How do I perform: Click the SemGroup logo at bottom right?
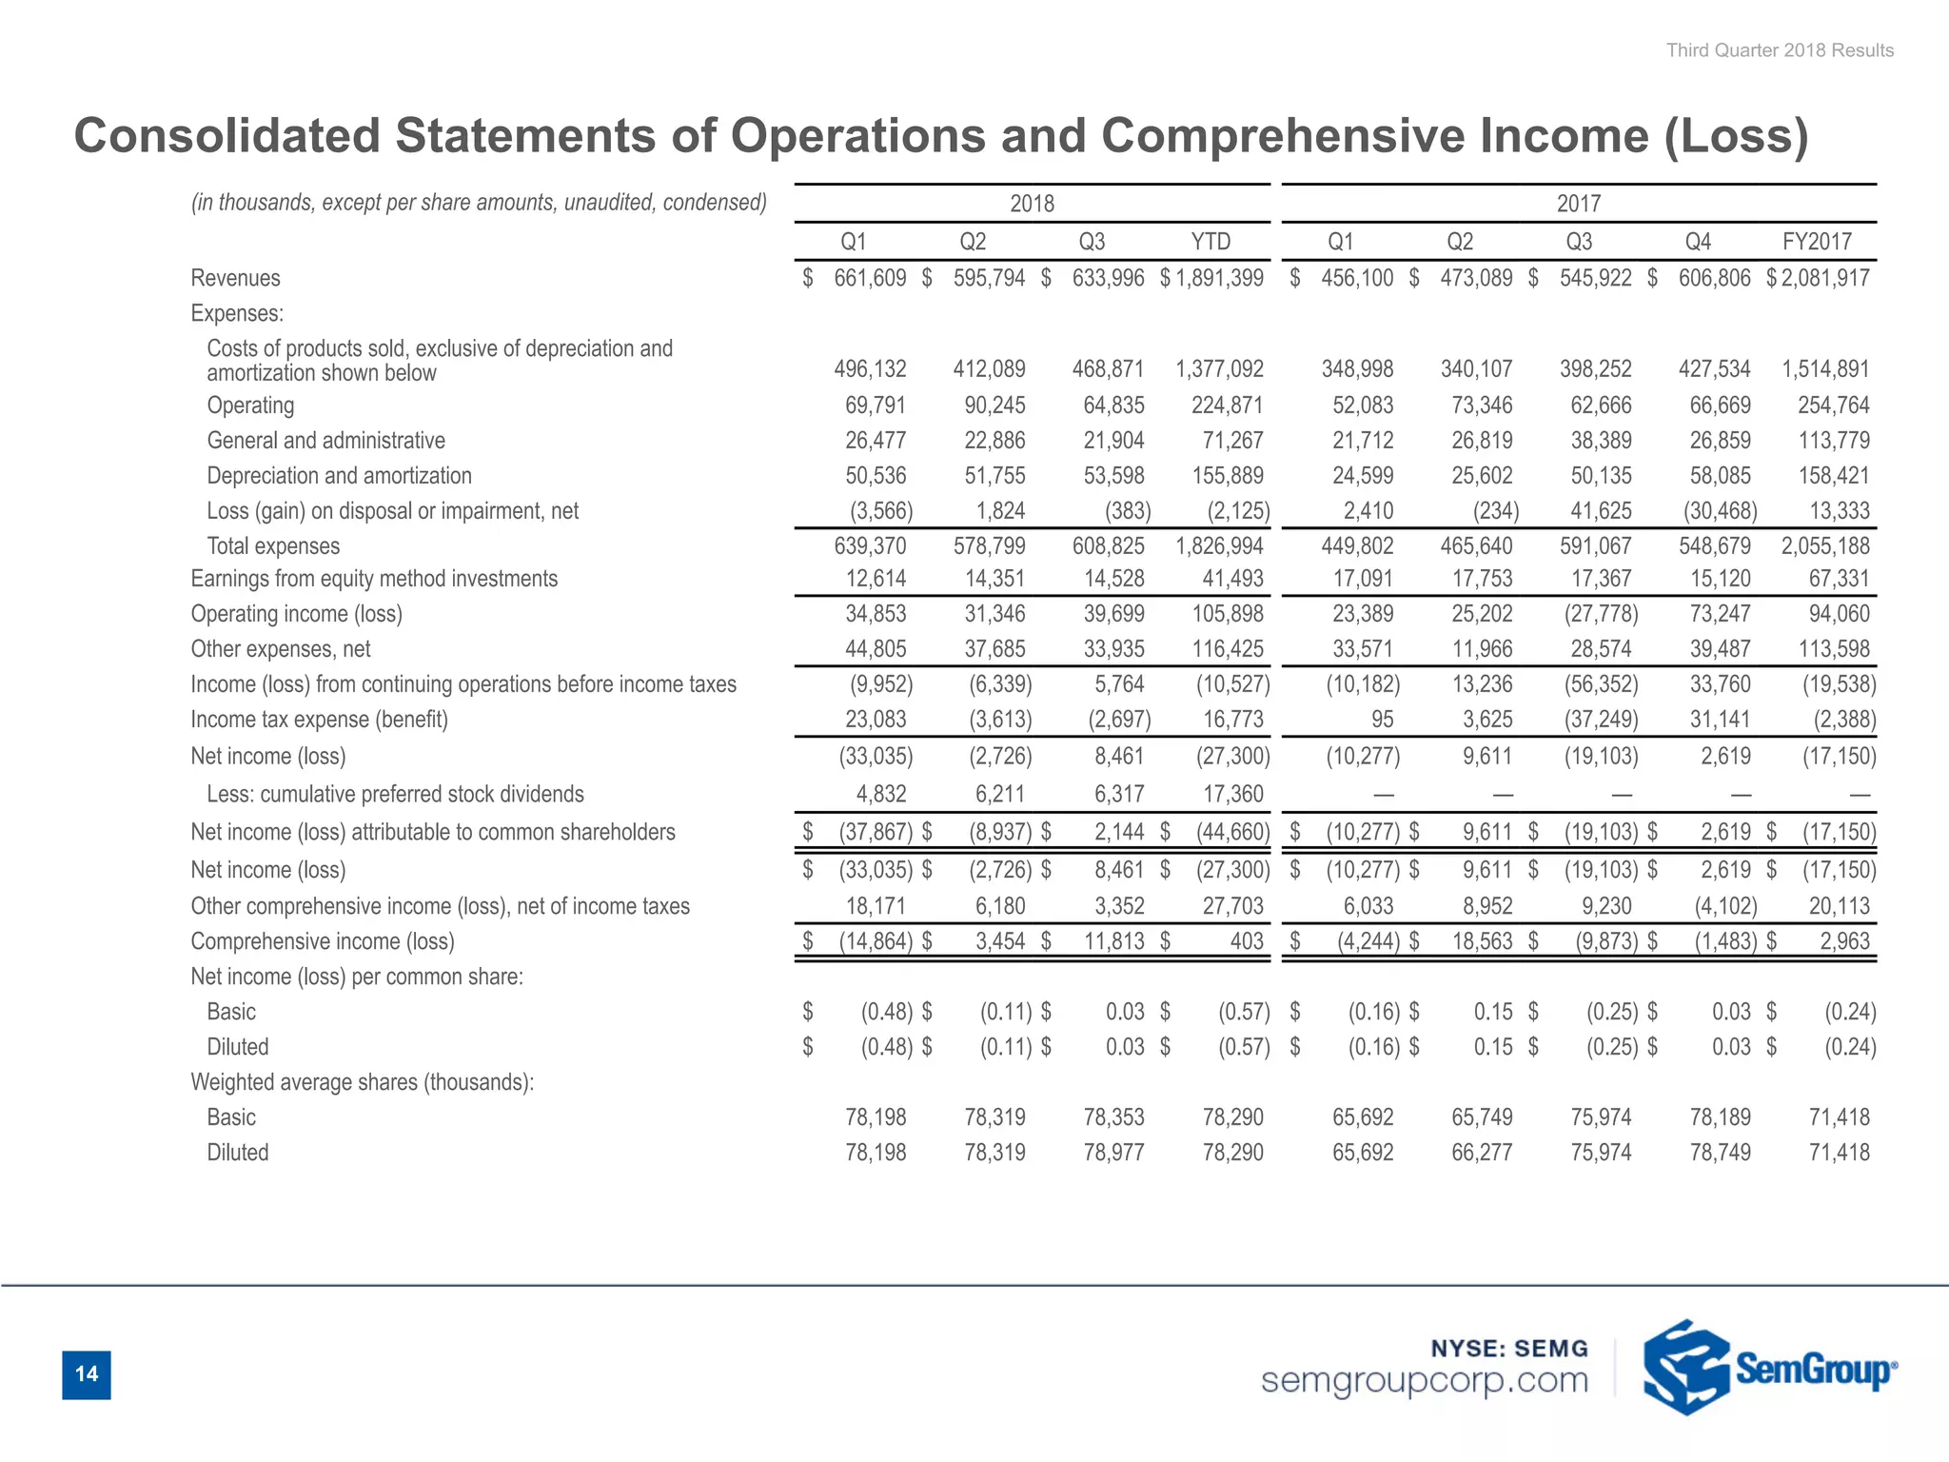tap(1768, 1369)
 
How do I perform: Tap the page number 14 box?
tap(87, 1374)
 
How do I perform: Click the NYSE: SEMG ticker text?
tap(1509, 1348)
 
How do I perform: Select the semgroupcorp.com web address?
tap(1425, 1380)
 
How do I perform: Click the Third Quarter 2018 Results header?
tap(1779, 50)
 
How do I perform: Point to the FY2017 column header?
tap(1816, 242)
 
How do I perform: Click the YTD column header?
tap(1211, 242)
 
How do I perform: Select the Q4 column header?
tap(1698, 242)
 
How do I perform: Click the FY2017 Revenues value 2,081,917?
tap(1825, 278)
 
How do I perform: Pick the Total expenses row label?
tap(273, 546)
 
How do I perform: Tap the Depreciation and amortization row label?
tap(339, 476)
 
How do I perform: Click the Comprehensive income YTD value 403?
tap(1246, 941)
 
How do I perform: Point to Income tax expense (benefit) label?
tap(319, 720)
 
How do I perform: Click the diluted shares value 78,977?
tap(1113, 1153)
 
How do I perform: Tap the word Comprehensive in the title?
tap(1284, 135)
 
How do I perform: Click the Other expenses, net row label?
tap(281, 649)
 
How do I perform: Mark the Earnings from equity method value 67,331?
tap(1839, 579)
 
